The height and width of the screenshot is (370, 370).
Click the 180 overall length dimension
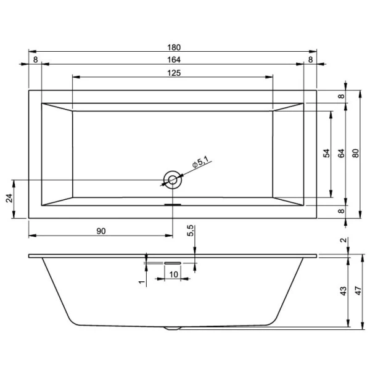(x=173, y=47)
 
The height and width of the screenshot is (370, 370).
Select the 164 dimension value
(x=173, y=60)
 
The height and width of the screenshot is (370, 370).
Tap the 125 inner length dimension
(x=173, y=73)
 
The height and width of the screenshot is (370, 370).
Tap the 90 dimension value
(x=102, y=231)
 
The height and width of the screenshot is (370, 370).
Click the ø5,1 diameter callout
(x=202, y=164)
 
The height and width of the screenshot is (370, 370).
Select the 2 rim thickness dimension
(x=343, y=241)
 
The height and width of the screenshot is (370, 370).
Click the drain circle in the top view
(x=173, y=179)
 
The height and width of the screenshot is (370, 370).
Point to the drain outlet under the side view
(x=173, y=329)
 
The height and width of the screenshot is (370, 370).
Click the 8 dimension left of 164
(x=35, y=60)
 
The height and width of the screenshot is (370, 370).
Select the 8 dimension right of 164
(x=310, y=60)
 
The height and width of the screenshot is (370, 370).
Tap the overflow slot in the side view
(x=172, y=261)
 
